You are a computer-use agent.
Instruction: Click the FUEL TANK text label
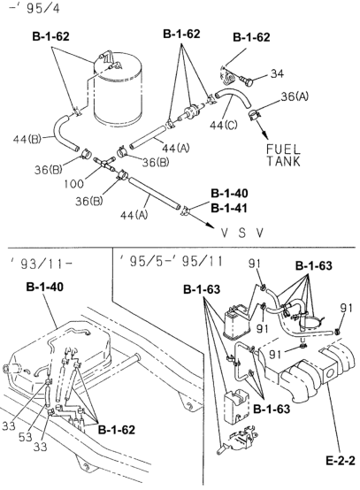pos(283,156)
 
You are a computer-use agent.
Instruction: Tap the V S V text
pos(242,233)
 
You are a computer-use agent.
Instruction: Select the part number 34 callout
pos(277,73)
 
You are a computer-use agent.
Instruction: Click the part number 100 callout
pos(74,183)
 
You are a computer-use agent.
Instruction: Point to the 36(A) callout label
pos(295,96)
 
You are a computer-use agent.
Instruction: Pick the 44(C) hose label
pos(224,126)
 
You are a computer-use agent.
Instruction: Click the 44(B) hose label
pos(27,139)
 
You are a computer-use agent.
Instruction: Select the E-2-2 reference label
pos(341,461)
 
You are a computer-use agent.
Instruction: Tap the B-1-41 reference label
pos(229,208)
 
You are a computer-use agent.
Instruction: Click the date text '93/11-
pos(42,264)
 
